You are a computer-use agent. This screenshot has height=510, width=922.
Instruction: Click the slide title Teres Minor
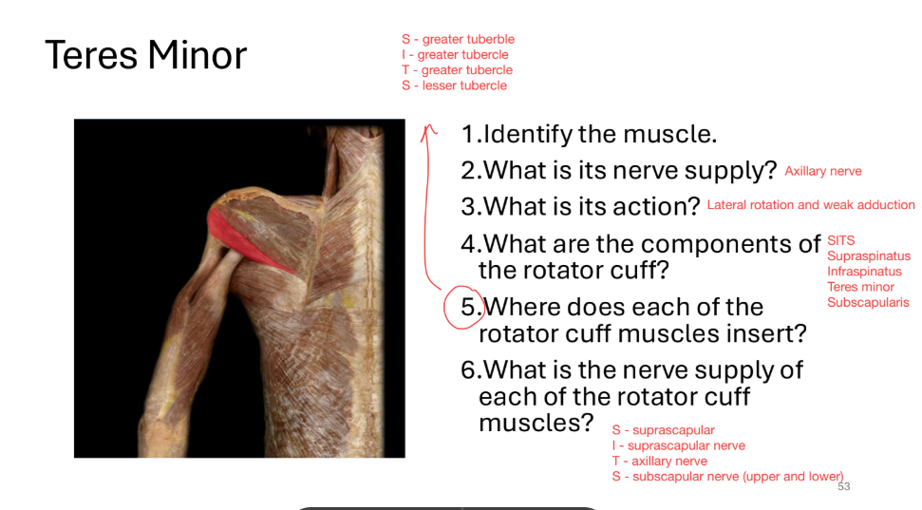[x=145, y=55]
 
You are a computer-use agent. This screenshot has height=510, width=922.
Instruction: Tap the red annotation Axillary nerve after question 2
[x=823, y=171]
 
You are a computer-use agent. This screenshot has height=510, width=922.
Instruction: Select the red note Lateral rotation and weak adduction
[x=811, y=205]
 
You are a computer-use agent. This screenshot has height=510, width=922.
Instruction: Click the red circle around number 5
[x=465, y=307]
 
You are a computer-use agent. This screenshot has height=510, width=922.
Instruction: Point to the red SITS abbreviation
[x=840, y=240]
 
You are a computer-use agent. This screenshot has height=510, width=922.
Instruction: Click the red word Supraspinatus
[x=868, y=255]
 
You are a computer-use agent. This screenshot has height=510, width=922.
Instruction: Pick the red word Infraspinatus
[x=864, y=272]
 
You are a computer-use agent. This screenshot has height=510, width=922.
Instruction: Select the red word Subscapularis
[x=867, y=302]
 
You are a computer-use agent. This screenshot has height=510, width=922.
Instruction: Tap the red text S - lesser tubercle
[x=454, y=85]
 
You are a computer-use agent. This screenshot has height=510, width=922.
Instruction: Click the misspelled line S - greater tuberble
[x=458, y=39]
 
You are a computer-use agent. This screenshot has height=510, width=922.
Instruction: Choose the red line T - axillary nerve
[x=659, y=461]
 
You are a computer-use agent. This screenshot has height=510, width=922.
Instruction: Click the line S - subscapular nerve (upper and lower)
[x=727, y=476]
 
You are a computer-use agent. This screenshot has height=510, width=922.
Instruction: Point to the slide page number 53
[x=844, y=486]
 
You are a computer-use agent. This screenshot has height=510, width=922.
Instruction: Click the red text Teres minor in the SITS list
[x=860, y=287]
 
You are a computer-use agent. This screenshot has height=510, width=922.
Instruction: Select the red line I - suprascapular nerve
[x=678, y=445]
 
